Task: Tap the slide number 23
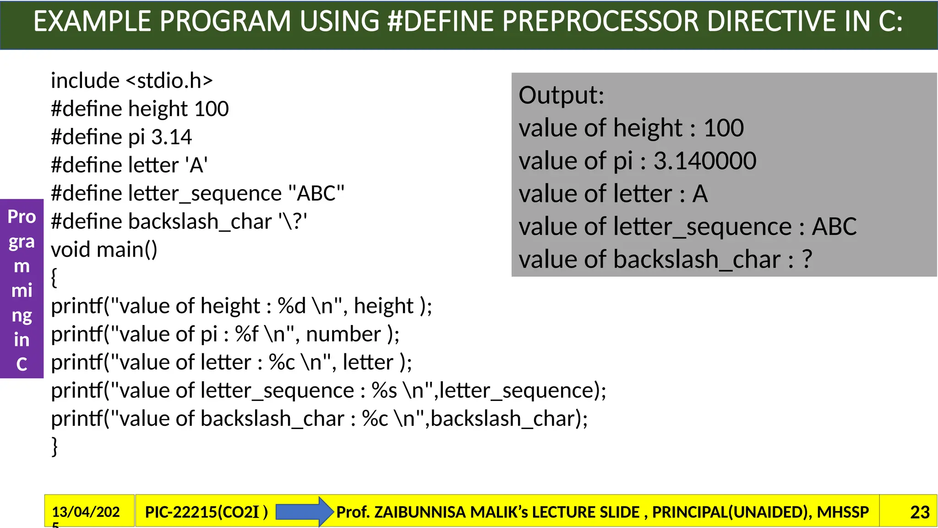point(920,512)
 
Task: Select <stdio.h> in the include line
point(169,81)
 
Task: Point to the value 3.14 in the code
point(171,137)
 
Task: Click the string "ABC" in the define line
point(316,193)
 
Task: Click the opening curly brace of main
point(54,278)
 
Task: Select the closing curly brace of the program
point(55,446)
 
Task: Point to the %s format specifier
point(384,390)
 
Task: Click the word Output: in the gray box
point(561,95)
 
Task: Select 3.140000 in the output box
point(704,161)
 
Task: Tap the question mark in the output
point(807,259)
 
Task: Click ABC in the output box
point(834,226)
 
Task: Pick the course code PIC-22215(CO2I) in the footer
point(206,512)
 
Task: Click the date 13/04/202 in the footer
point(86,512)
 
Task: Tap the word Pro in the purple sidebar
point(22,217)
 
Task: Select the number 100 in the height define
point(211,109)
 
